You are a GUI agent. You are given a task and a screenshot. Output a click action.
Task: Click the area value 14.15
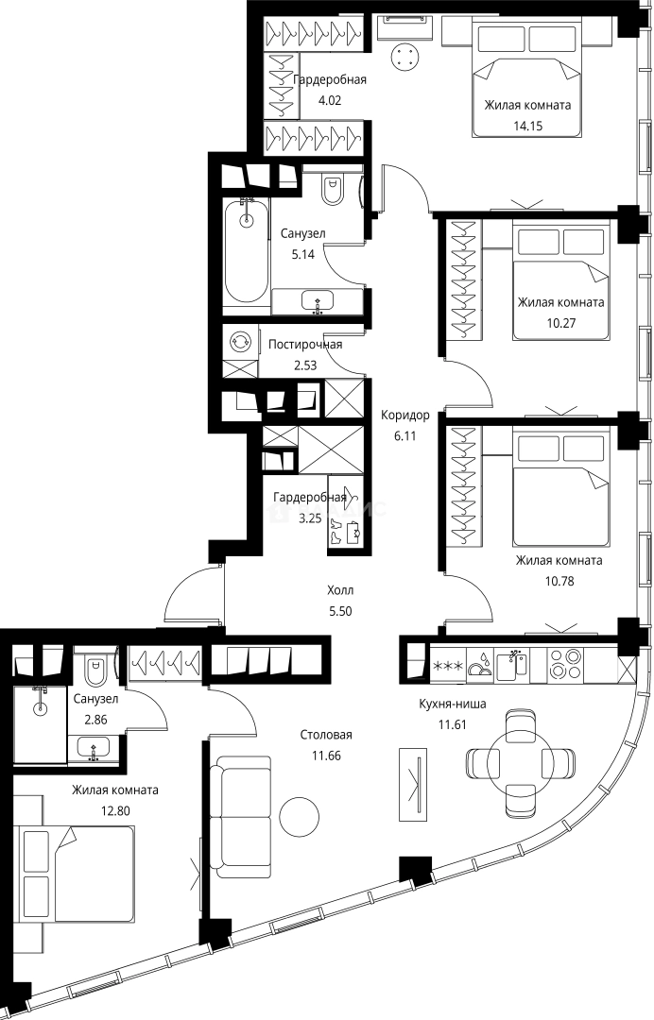point(527,126)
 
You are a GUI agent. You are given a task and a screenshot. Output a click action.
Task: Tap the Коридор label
point(404,415)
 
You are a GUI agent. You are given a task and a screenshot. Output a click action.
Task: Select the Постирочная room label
point(305,344)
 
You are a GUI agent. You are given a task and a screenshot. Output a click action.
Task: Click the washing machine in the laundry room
point(240,342)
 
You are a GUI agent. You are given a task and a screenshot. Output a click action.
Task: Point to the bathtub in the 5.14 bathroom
point(246,251)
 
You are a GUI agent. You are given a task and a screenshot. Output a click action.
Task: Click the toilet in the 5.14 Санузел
point(333,188)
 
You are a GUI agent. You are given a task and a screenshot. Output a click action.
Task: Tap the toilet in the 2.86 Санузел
point(95,670)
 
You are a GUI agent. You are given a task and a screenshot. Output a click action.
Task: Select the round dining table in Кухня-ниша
point(520,762)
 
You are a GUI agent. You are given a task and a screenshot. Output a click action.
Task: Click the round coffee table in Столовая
point(300,813)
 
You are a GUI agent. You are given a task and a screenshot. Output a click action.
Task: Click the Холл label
point(340,590)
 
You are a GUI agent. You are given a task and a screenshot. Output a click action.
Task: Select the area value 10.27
point(560,323)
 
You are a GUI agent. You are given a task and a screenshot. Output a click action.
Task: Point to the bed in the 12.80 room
point(77,873)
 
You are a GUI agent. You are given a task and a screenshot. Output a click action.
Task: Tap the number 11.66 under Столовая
point(326,756)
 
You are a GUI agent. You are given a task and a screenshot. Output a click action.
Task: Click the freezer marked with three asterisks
point(448,665)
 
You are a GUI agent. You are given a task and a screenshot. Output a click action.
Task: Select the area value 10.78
point(559,581)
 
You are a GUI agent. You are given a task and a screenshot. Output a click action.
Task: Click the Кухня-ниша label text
point(453,704)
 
